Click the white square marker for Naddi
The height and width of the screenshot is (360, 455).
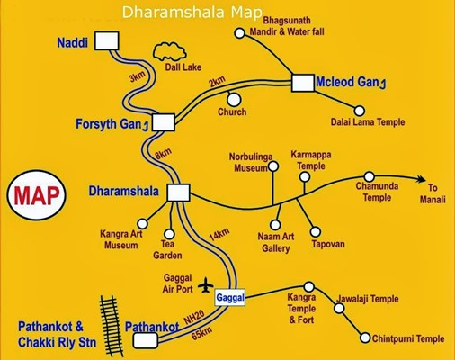[107, 40]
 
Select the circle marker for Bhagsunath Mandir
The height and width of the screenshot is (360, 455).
[239, 33]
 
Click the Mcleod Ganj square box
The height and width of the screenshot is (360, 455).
[303, 83]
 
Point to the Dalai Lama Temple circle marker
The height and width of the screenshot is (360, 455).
[360, 111]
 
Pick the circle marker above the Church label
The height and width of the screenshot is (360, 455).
[234, 99]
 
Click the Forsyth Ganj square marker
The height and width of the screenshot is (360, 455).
[164, 122]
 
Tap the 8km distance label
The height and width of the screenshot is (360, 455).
[163, 154]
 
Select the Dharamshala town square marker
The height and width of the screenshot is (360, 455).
[178, 193]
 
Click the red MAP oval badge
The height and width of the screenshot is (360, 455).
[36, 195]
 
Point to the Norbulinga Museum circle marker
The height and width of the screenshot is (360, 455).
[273, 166]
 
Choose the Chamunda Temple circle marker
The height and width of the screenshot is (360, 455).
[369, 176]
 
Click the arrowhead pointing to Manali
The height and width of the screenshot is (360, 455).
[421, 179]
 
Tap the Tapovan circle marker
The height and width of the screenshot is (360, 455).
[316, 231]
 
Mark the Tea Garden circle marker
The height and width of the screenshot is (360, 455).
[169, 234]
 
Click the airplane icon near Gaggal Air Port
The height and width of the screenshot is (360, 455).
[206, 285]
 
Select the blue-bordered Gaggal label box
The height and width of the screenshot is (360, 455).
[230, 298]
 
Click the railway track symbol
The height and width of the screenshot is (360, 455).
[112, 326]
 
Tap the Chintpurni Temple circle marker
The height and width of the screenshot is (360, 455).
[365, 337]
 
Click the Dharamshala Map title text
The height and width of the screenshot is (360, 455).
[192, 13]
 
